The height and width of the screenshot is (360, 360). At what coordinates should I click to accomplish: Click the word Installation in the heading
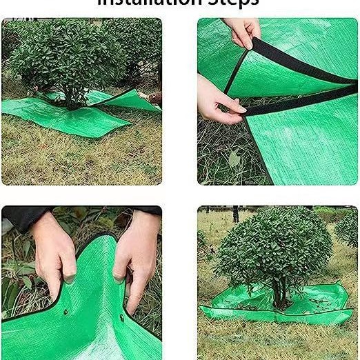pos(148,3)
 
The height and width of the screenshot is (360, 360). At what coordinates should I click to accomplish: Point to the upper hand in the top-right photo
pos(242,31)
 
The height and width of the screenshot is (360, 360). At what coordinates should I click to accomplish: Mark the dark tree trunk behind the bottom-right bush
pos(235,214)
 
